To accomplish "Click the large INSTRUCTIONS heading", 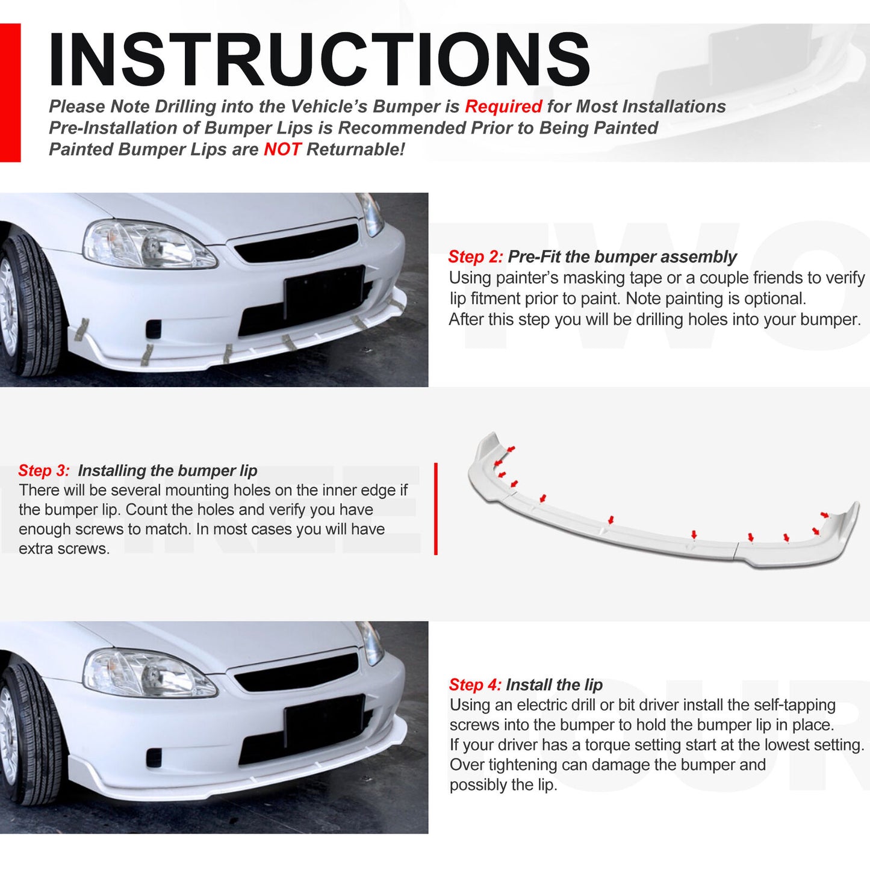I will tap(319, 59).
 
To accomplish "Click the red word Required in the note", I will tap(503, 107).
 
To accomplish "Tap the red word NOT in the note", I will tap(282, 149).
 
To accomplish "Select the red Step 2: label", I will tap(475, 257).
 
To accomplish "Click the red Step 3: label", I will tap(44, 471).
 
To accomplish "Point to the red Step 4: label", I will tap(475, 685).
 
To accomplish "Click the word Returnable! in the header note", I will tap(355, 149).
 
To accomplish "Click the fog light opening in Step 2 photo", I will tap(154, 329).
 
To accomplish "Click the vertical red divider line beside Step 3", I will tap(435, 509).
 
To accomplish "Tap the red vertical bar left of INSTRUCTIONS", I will tap(10, 93).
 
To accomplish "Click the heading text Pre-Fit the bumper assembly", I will tap(622, 257).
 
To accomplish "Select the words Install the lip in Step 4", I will tap(554, 685).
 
